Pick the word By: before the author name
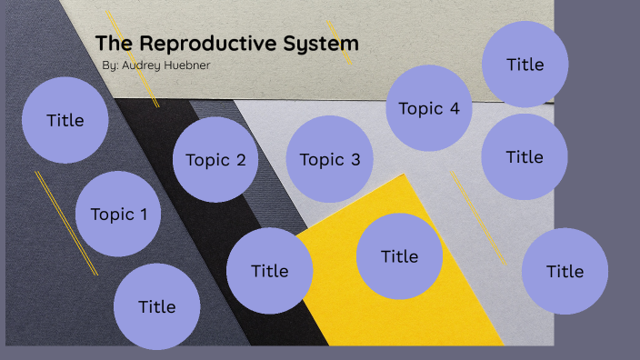[x=112, y=66]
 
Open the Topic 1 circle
[x=118, y=215]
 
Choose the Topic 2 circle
[x=215, y=160]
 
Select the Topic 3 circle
[x=330, y=160]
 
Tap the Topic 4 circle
[x=429, y=109]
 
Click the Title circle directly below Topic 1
[x=156, y=306]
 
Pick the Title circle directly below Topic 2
[x=269, y=270]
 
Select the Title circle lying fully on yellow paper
[x=399, y=256]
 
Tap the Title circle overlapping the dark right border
[x=565, y=271]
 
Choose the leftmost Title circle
[x=65, y=120]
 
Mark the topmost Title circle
[x=525, y=65]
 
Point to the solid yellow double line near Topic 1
[x=65, y=222]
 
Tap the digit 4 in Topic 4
[x=455, y=109]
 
